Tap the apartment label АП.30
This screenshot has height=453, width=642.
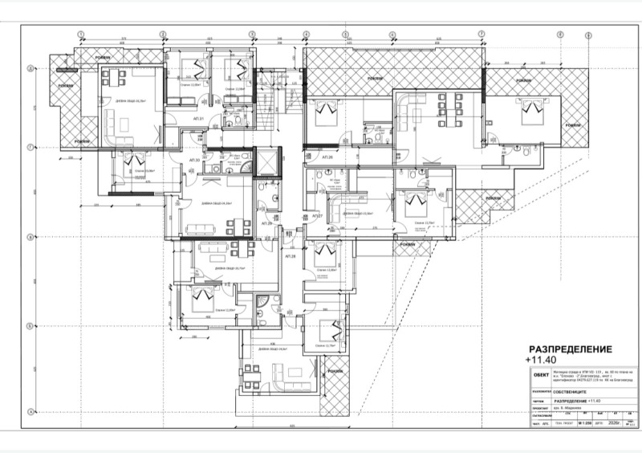pyautogui.click(x=193, y=160)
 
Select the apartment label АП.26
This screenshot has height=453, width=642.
pyautogui.click(x=327, y=157)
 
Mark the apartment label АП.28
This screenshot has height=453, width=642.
pyautogui.click(x=292, y=256)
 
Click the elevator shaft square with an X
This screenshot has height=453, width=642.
pyautogui.click(x=263, y=165)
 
